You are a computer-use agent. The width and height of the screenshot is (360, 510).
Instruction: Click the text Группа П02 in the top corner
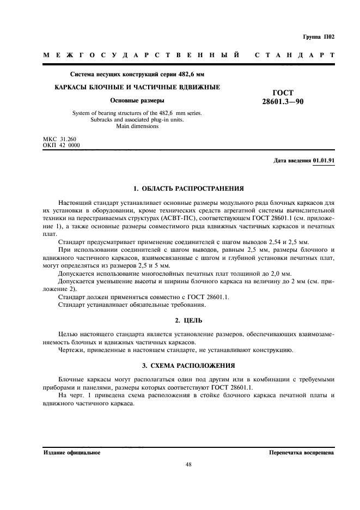(318, 37)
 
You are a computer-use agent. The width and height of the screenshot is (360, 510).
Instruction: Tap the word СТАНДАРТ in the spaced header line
(294, 56)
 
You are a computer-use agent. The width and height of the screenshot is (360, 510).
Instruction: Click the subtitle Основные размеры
(137, 100)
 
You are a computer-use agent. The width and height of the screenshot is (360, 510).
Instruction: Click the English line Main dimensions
(137, 126)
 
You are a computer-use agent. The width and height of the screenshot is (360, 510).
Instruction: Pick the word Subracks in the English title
(101, 120)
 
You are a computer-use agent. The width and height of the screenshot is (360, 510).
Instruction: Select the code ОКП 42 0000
(61, 145)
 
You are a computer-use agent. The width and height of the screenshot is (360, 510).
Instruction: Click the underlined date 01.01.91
(324, 161)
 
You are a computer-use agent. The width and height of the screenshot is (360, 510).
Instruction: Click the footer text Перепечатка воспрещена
(301, 453)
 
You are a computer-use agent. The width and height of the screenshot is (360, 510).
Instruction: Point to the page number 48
(188, 465)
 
